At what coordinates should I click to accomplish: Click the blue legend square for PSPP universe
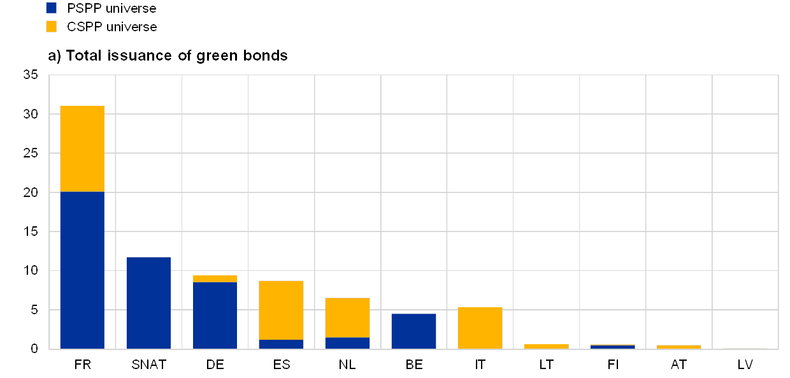coord(52,8)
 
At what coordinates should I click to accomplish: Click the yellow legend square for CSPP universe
coord(52,26)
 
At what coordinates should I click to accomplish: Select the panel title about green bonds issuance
coord(168,55)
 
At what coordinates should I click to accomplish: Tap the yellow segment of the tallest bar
coord(82,149)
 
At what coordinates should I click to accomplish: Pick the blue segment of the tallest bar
coord(82,270)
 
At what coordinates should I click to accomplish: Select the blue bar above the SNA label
coord(148,303)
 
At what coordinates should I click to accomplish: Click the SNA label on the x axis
coord(145,365)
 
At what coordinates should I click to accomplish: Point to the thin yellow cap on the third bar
coord(215,279)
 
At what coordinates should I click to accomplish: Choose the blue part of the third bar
coord(215,316)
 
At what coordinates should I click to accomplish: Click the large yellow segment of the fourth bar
coord(281,310)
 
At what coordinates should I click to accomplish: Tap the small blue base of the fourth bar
coord(281,344)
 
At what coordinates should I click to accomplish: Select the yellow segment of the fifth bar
coord(347,317)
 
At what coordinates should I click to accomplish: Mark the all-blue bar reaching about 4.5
coord(413,331)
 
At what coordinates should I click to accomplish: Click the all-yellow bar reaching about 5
coord(480,328)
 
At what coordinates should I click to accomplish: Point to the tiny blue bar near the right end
coord(612,347)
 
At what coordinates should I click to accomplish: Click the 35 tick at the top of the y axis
coord(31,75)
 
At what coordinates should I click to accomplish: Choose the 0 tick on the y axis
coord(34,349)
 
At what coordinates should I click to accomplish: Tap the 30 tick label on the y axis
coord(31,115)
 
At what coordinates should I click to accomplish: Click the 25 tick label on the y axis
coord(31,154)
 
